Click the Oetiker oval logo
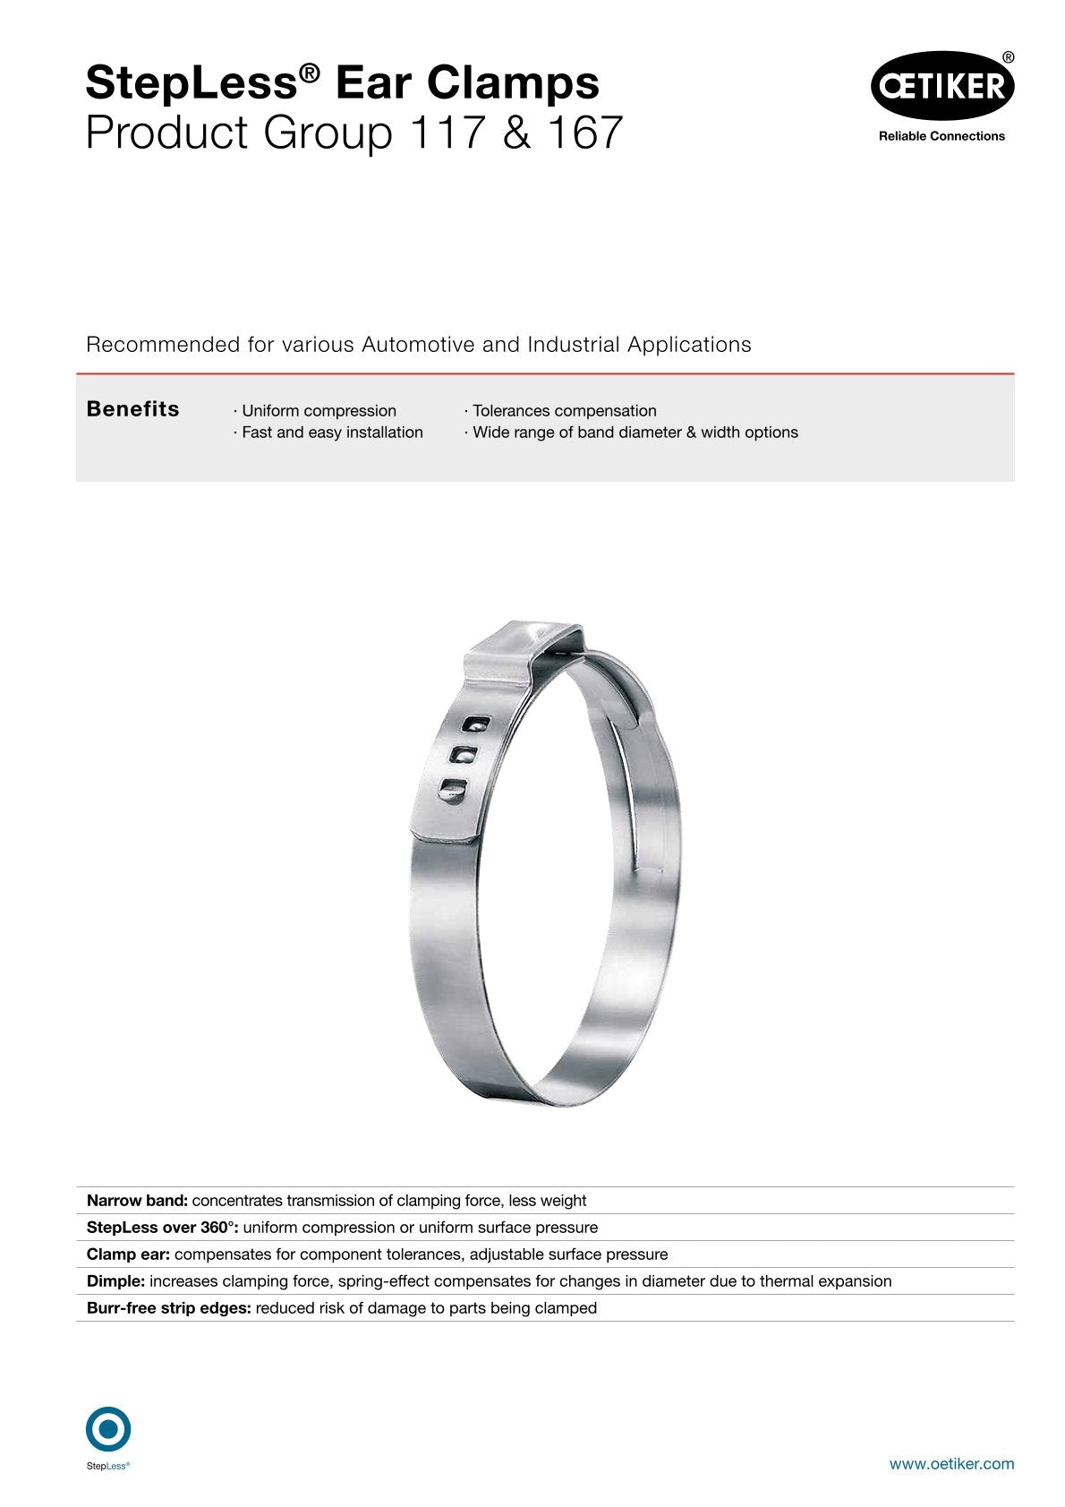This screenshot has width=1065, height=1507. (941, 86)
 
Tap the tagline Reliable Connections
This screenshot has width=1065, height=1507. (941, 136)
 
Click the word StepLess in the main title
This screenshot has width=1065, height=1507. (191, 83)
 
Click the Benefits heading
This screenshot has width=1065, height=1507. (132, 409)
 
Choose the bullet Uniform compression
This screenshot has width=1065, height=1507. (318, 411)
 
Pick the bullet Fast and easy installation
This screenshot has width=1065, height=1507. (331, 432)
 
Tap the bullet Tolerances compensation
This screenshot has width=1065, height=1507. (564, 411)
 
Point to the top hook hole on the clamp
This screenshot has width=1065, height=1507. (476, 724)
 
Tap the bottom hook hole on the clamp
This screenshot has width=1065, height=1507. (453, 790)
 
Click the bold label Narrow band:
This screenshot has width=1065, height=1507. (137, 1201)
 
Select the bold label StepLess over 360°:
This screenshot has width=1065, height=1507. (163, 1228)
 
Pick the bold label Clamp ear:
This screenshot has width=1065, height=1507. (128, 1254)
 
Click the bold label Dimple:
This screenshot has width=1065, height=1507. (115, 1281)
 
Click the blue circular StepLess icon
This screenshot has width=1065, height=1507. (108, 1429)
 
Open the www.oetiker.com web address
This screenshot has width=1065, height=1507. (951, 1464)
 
